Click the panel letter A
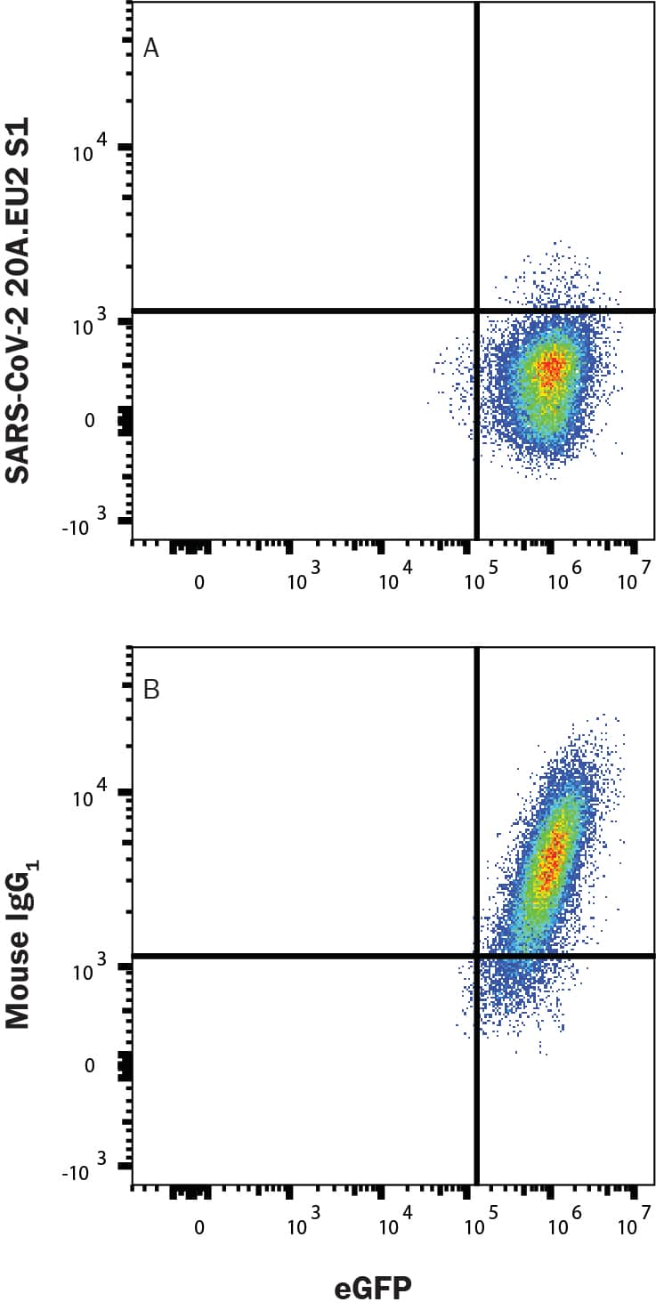pos(151,48)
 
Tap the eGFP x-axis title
pos(373,1286)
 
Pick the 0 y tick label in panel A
pos(89,419)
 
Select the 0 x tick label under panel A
pos(199,582)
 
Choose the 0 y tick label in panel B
pos(89,1064)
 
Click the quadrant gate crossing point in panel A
pos(477,311)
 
